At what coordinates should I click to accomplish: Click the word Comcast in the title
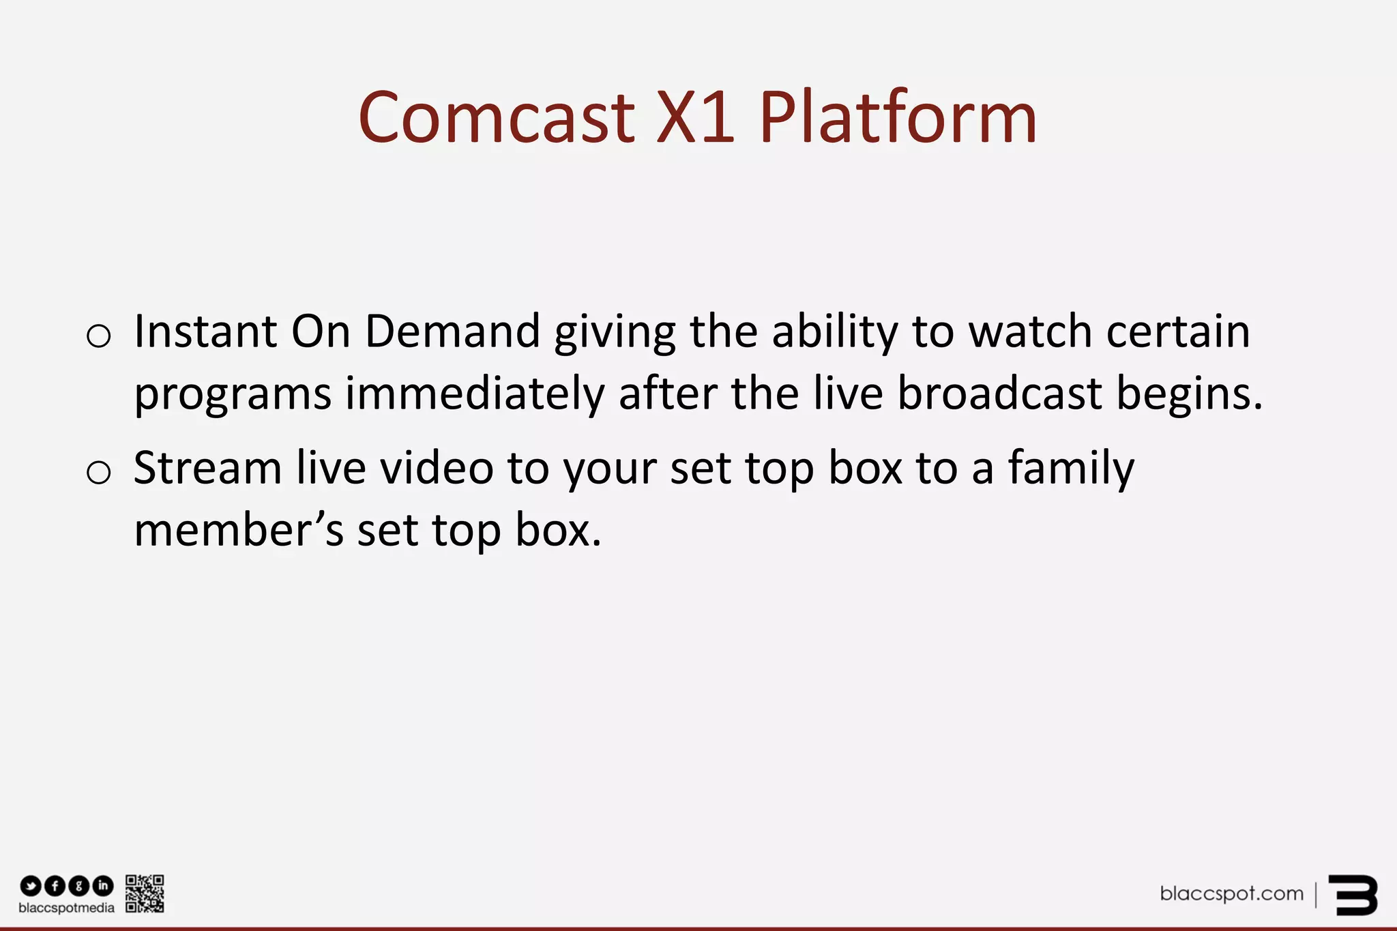[497, 118]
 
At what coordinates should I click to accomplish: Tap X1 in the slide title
[695, 118]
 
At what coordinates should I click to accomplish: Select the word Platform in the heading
[898, 118]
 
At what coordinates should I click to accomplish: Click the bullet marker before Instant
[99, 336]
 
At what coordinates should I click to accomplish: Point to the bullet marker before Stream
[99, 472]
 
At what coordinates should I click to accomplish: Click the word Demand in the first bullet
[452, 332]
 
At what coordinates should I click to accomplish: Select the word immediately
[475, 395]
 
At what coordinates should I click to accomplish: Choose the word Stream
[207, 469]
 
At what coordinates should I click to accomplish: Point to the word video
[437, 469]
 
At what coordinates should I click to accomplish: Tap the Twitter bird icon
[31, 886]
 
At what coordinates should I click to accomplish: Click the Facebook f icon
[55, 886]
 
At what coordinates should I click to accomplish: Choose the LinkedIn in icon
[103, 886]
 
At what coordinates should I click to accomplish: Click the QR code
[145, 893]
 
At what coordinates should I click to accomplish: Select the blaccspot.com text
[1231, 893]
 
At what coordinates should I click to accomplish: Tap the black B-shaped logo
[1353, 895]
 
